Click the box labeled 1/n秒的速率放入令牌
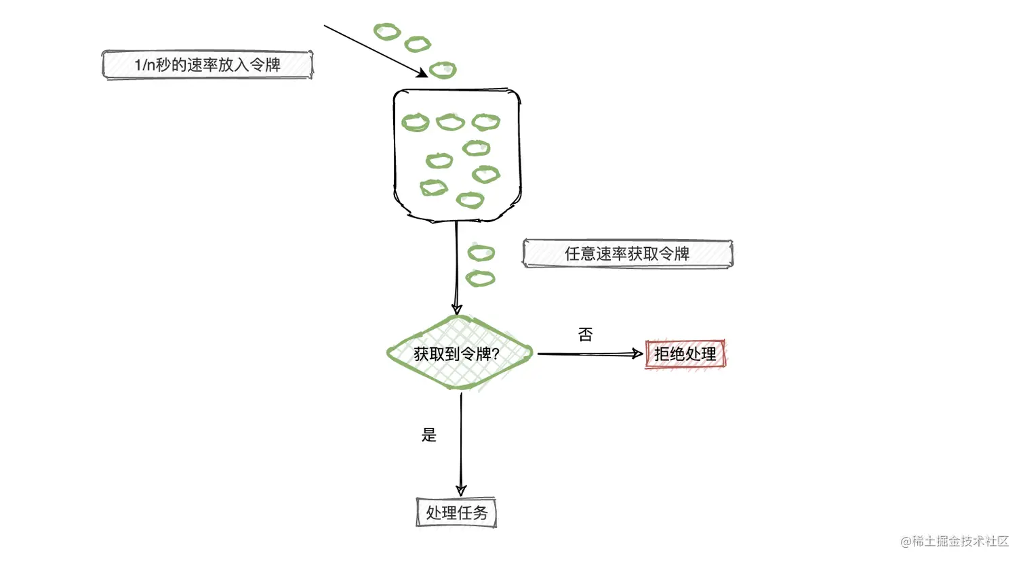(x=207, y=65)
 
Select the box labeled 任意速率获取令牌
(x=627, y=254)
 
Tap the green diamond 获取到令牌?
(x=458, y=353)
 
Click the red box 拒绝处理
(x=685, y=354)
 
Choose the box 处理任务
(x=456, y=513)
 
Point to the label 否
(x=585, y=334)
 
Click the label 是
(x=428, y=435)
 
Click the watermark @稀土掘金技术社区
(x=954, y=542)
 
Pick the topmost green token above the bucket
(x=387, y=31)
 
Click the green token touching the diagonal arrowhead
(x=443, y=70)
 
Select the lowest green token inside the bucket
(x=470, y=200)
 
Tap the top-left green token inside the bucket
(x=416, y=123)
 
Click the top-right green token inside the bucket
(x=486, y=122)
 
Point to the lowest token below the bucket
(x=481, y=278)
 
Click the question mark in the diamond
(x=495, y=354)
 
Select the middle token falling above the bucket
(x=418, y=45)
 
